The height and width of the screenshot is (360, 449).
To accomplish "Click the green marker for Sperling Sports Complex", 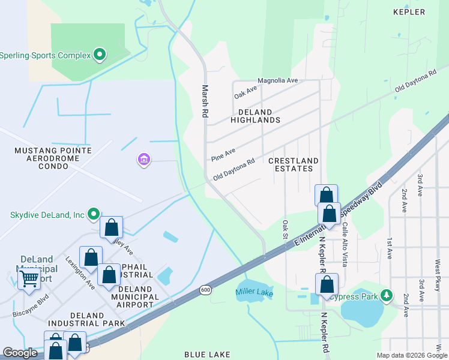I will [100, 55].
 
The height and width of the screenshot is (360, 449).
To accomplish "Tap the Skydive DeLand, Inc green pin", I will [93, 214].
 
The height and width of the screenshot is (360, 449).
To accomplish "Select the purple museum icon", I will [144, 160].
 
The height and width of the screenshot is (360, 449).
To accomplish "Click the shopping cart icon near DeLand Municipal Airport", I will [29, 278].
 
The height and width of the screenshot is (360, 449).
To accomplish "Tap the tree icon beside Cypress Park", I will [387, 295].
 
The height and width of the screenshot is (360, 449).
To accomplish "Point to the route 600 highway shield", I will [205, 289].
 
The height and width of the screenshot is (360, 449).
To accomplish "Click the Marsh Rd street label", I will [205, 100].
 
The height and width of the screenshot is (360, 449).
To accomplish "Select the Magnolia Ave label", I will [277, 80].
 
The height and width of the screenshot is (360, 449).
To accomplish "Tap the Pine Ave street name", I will [223, 155].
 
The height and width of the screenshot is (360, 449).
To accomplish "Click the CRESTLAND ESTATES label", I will [293, 164].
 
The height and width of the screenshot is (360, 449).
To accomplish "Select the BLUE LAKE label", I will [207, 355].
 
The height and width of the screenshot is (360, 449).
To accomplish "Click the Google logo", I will [20, 353].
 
